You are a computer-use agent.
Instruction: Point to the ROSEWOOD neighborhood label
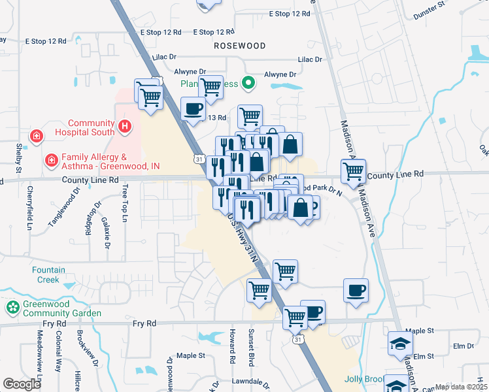(x=240, y=46)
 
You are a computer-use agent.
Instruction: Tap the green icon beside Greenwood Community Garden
(x=12, y=307)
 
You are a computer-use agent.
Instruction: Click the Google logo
(x=22, y=384)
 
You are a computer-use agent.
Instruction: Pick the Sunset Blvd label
(x=250, y=347)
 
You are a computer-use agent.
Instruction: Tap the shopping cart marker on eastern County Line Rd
(x=353, y=171)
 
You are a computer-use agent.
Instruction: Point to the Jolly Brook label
(x=362, y=380)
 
